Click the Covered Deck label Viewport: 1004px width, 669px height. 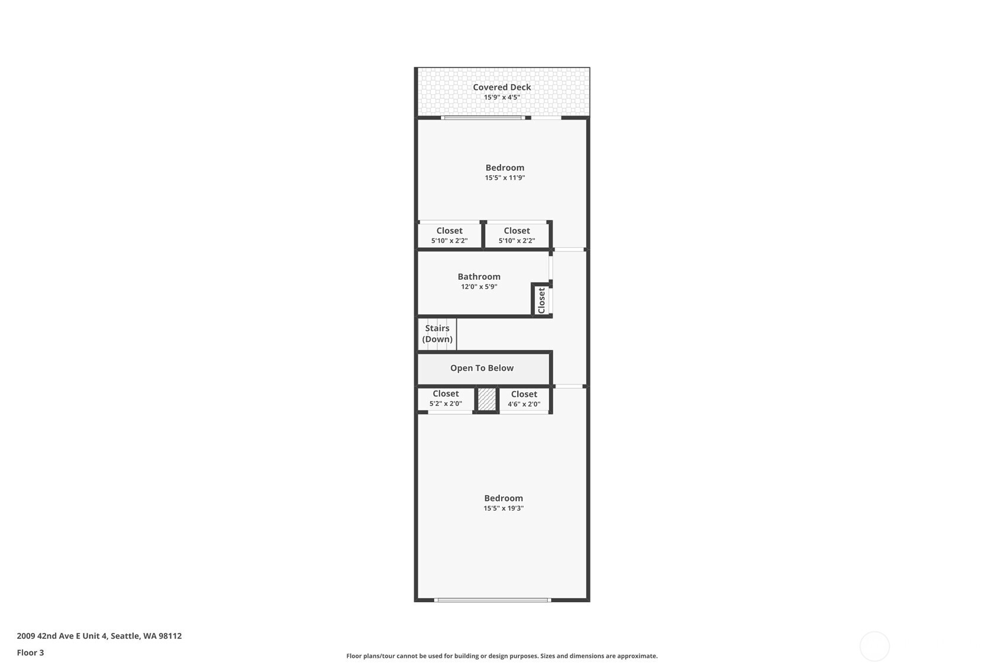coord(502,87)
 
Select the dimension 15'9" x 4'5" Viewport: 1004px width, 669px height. coord(502,98)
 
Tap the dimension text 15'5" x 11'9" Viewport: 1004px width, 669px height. coord(505,178)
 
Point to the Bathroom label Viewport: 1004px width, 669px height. coord(479,276)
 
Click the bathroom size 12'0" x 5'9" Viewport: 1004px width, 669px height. coord(479,287)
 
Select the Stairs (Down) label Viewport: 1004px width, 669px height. coord(437,334)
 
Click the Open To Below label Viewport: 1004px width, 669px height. coord(482,368)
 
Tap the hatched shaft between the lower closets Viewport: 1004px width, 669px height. coord(486,399)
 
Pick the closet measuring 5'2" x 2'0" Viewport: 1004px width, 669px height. coord(445,398)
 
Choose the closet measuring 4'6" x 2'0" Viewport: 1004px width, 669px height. coord(524,399)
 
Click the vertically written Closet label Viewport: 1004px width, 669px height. coord(541,300)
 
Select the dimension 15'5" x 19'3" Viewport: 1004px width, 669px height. coord(503,509)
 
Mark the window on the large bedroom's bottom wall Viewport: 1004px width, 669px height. coord(492,600)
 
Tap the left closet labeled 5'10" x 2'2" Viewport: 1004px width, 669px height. coord(449,235)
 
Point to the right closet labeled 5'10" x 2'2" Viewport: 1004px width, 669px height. coord(516,235)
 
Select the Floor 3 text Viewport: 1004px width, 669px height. coord(30,653)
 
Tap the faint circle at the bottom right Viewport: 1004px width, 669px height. coord(874,647)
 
